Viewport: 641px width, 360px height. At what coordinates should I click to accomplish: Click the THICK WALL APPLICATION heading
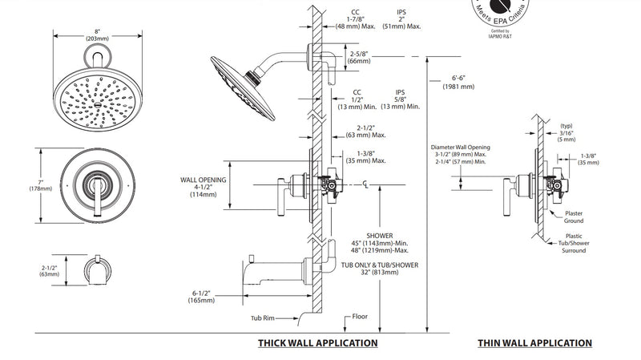coord(317,343)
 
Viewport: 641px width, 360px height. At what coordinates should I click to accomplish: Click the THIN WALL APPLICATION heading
coord(534,343)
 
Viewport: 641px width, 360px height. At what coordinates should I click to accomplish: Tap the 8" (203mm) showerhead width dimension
coord(97,35)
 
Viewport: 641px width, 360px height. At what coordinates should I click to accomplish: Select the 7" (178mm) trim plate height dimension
coord(41,185)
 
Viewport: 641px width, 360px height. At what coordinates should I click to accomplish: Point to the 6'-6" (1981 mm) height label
coord(458,83)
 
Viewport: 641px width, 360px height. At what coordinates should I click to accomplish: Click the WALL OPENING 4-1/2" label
coord(204,187)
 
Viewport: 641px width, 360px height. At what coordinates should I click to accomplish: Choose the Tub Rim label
coord(263,318)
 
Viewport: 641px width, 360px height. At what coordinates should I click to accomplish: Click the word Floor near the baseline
coord(360,316)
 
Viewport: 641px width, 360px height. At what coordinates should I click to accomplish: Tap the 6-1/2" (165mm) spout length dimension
coord(201,297)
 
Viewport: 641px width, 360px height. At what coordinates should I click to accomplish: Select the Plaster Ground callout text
coord(574,216)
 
